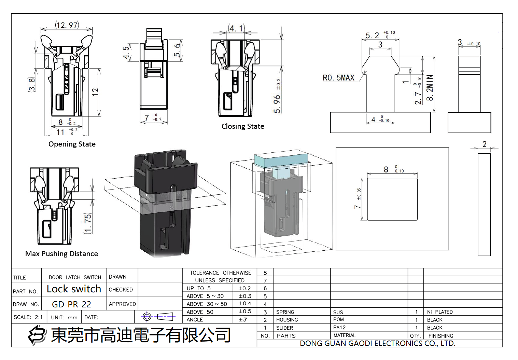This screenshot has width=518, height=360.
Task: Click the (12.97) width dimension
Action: (x=67, y=25)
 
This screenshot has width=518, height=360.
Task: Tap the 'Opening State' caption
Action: (x=72, y=144)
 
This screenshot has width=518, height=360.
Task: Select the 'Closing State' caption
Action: (x=243, y=126)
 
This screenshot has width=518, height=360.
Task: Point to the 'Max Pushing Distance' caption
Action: (x=61, y=254)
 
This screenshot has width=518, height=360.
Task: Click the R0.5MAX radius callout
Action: (x=338, y=78)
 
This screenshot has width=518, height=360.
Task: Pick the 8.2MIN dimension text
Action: (x=430, y=88)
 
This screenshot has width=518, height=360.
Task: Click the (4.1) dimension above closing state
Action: (x=236, y=28)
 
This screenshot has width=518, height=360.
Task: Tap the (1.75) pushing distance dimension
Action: (x=88, y=223)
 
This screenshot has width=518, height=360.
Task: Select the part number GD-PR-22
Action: (x=71, y=304)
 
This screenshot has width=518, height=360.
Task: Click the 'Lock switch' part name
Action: (x=74, y=289)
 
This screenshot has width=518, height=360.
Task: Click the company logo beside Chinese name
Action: (x=37, y=335)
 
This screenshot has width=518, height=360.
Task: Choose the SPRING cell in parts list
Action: (x=285, y=312)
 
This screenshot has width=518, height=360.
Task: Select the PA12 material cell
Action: (x=339, y=328)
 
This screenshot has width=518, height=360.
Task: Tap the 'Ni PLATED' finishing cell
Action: (x=440, y=312)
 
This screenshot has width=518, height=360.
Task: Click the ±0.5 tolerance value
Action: (x=245, y=311)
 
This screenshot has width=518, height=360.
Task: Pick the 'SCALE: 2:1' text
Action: (x=28, y=317)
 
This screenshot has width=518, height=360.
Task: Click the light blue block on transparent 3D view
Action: (x=281, y=160)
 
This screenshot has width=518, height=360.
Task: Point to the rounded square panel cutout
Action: (x=392, y=199)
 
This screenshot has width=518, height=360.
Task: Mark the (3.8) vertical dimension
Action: (x=32, y=85)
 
